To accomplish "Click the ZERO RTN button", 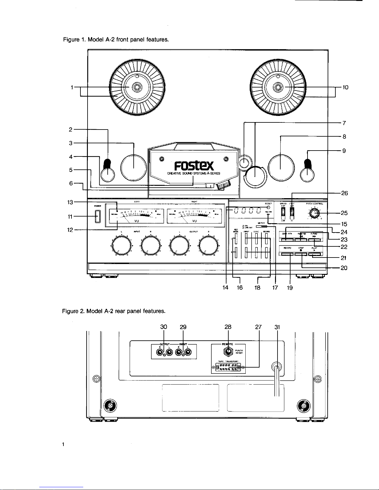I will pyautogui.click(x=288, y=240).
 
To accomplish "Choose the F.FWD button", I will pyautogui.click(x=314, y=240).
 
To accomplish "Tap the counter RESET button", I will pyautogui.click(x=268, y=208).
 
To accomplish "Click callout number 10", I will pyautogui.click(x=346, y=87).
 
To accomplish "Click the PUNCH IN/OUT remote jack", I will pyautogui.click(x=228, y=351).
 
